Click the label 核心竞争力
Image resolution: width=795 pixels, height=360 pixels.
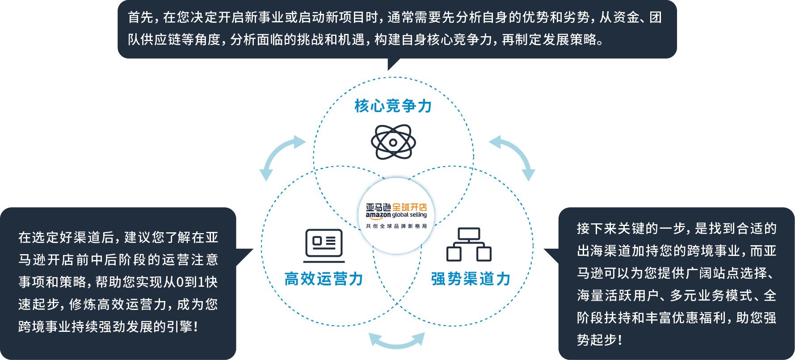click(x=393, y=106)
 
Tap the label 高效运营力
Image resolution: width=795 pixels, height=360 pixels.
click(x=324, y=279)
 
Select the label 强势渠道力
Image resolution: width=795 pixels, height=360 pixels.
click(x=471, y=279)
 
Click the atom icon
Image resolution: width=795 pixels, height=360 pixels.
click(x=393, y=142)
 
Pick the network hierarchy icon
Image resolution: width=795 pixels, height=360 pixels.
click(x=469, y=244)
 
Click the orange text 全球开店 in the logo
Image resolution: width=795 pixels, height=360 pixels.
click(x=409, y=207)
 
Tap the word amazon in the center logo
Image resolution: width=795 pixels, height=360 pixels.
click(x=378, y=215)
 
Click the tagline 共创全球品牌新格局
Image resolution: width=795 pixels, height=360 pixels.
click(x=396, y=226)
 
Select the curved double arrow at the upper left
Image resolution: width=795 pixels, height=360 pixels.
click(x=281, y=157)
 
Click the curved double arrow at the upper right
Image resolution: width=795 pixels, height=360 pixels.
click(x=513, y=157)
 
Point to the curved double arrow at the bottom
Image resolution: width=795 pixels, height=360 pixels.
click(x=397, y=341)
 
